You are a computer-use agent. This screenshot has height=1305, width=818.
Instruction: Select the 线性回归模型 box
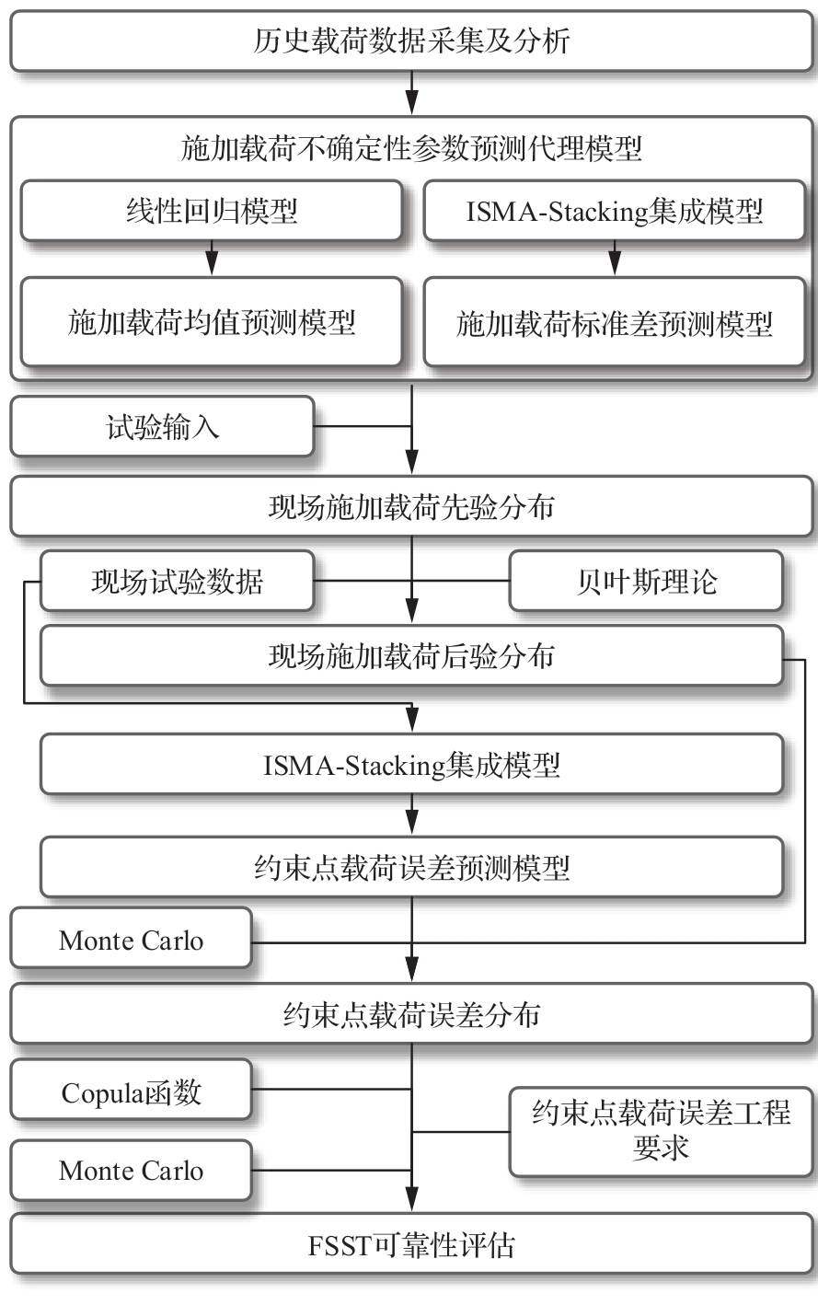212,212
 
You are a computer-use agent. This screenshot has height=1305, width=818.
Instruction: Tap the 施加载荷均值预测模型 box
212,322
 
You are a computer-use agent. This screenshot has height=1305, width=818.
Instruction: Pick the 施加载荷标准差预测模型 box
614,323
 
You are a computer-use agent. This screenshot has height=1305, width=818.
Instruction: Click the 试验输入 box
163,426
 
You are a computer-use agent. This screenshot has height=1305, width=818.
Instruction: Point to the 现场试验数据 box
177,582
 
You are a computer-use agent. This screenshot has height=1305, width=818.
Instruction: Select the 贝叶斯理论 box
646,582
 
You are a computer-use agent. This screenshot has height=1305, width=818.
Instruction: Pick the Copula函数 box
132,1091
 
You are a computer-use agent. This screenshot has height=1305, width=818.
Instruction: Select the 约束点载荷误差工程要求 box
661,1130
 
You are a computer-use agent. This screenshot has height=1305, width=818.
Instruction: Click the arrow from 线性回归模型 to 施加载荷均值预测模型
212,259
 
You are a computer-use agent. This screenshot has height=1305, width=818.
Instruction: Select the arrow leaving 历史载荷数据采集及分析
411,93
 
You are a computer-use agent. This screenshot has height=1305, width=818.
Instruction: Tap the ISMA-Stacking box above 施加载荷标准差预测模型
614,212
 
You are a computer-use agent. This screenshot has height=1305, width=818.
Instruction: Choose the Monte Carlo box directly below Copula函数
132,1171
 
